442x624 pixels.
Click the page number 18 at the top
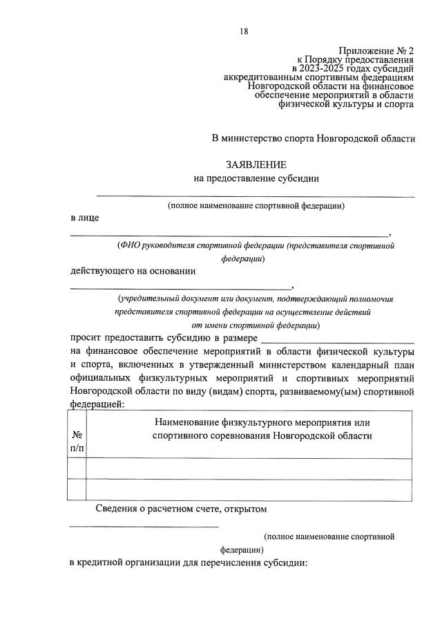[243, 31]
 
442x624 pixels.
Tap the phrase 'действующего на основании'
[133, 271]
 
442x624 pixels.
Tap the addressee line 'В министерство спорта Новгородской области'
[313, 138]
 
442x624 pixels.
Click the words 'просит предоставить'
[117, 338]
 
